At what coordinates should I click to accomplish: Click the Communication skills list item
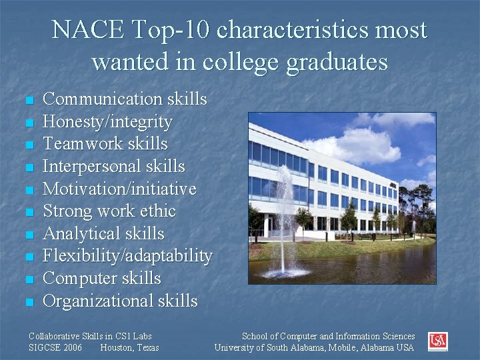125,99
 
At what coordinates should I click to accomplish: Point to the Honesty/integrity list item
107,122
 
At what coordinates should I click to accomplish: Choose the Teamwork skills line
105,144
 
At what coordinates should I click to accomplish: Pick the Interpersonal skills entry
113,167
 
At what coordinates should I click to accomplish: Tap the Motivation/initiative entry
119,189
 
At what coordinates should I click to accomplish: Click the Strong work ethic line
109,212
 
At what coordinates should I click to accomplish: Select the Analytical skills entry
103,234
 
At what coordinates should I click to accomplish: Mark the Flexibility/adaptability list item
127,257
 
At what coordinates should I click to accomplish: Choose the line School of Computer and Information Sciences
328,337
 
